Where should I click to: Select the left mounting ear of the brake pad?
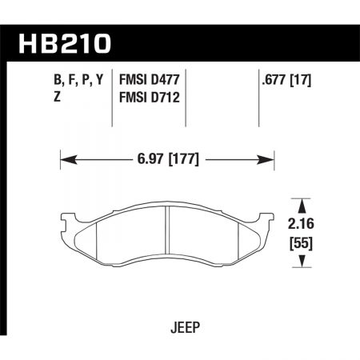point(64,219)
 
